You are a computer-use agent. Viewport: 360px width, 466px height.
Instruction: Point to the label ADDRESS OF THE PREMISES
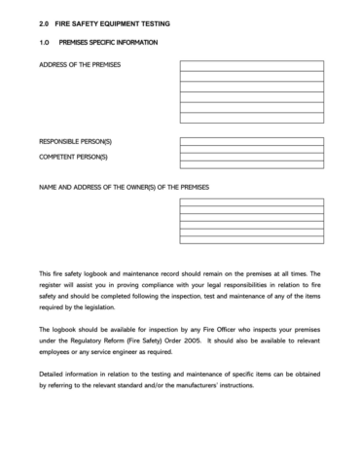[86, 66]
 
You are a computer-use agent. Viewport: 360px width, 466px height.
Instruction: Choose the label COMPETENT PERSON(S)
[75, 157]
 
